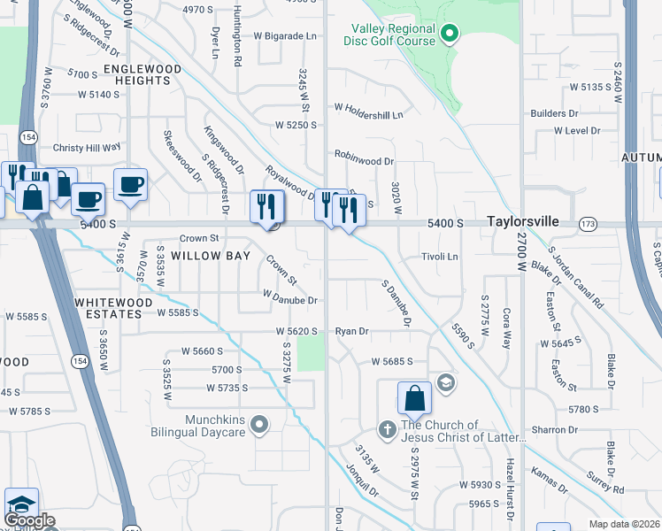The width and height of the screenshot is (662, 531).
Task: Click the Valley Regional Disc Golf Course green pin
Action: point(450,35)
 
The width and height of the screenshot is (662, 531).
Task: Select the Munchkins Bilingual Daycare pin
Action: point(259,426)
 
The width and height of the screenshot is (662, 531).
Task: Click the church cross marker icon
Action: point(387,430)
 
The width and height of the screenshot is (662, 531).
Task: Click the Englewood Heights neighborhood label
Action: point(142,74)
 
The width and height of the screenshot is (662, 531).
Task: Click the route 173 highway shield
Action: point(588,225)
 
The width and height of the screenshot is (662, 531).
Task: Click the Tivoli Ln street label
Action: point(440,257)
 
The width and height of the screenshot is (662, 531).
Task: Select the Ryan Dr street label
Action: point(351,331)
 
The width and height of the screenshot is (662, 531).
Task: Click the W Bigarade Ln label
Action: point(286,36)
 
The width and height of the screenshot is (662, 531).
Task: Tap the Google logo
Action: point(29,520)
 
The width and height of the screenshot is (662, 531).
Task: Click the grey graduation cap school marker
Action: point(447,382)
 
